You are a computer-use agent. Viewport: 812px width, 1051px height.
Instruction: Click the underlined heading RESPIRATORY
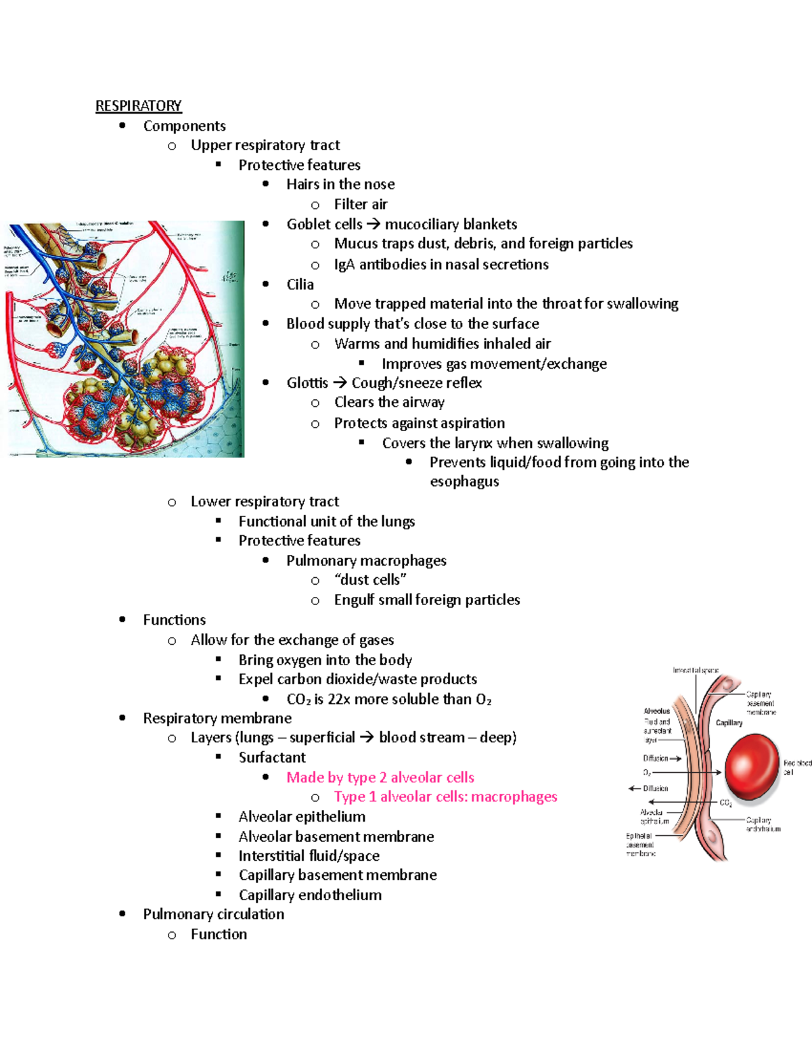[138, 106]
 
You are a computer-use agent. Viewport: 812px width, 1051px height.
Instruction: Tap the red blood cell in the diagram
[752, 768]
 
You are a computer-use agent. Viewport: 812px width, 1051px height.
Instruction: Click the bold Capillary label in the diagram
[729, 723]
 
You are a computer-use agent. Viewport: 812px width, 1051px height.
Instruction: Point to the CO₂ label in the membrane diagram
[725, 803]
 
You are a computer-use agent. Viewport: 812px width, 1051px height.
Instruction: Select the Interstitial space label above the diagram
[695, 670]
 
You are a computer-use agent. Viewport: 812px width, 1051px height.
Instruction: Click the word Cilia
[300, 284]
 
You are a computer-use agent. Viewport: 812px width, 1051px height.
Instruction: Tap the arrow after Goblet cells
[374, 225]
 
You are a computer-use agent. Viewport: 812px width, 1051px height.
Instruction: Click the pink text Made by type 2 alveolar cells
[380, 777]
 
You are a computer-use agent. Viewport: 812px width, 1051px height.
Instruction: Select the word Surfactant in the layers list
[272, 757]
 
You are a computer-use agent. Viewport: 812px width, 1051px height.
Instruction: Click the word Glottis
[307, 383]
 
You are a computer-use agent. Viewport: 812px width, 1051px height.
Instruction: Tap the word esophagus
[464, 482]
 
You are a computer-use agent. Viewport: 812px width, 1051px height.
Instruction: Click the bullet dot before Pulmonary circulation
[122, 914]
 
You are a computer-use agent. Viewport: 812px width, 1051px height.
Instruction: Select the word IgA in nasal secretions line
[344, 265]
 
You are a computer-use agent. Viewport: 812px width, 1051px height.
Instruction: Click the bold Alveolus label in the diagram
[656, 711]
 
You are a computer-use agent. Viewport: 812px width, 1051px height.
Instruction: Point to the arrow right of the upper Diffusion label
[675, 759]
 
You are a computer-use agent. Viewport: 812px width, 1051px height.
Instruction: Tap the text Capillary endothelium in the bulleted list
[310, 895]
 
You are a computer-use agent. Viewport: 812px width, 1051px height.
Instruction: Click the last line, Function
[219, 934]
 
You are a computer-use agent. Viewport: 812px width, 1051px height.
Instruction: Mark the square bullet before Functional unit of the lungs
[219, 520]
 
